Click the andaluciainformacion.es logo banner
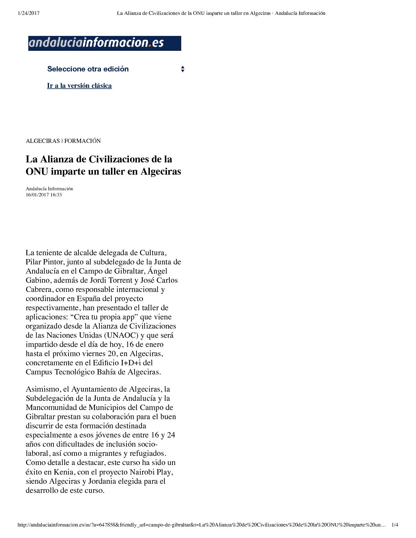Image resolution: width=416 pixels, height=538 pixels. point(104,43)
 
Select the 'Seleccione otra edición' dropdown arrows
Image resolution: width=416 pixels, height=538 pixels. point(182,69)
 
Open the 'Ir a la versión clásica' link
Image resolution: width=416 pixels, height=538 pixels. point(79,86)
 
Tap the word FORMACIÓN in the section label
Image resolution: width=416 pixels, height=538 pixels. point(82,141)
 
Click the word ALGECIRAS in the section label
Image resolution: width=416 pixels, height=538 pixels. point(42,141)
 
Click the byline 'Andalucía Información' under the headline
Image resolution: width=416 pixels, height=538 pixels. point(49,189)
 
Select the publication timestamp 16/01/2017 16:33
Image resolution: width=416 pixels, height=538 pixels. point(44,195)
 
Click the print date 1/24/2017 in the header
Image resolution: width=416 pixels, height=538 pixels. point(29,13)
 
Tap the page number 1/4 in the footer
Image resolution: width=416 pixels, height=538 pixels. point(395,525)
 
